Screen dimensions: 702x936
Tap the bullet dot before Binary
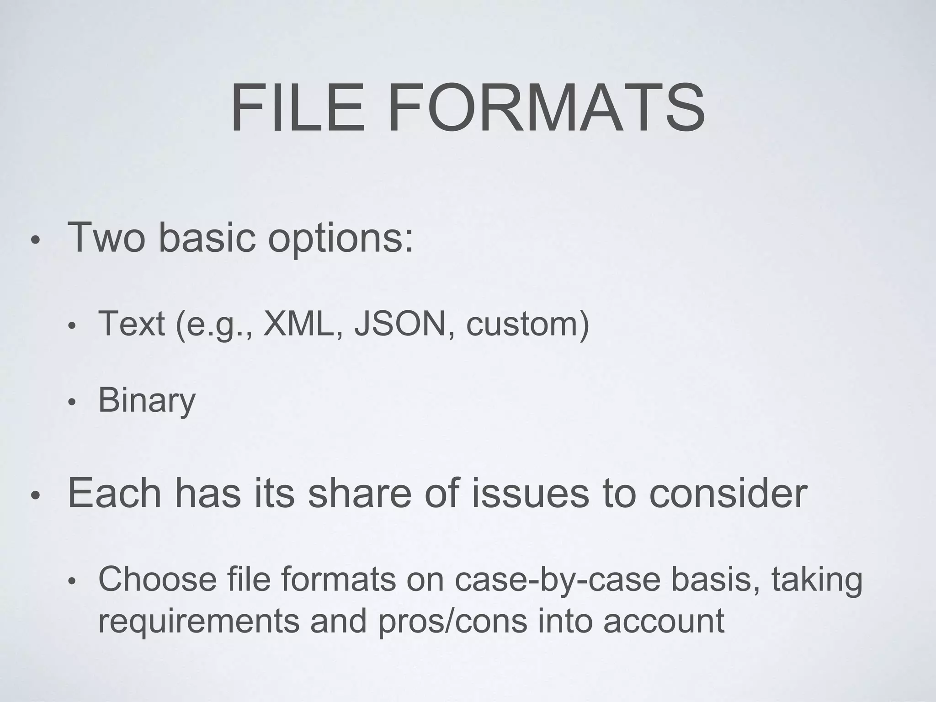pos(71,403)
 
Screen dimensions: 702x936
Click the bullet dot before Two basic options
pos(36,240)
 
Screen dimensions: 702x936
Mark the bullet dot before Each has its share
pos(36,495)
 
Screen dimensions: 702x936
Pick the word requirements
pos(199,621)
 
